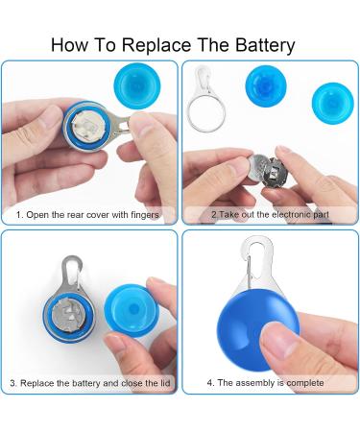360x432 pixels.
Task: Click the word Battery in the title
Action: [x=265, y=45]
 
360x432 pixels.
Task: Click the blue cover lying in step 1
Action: [x=137, y=86]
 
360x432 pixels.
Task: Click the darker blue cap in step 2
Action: [x=266, y=86]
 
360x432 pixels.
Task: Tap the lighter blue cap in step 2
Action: [x=333, y=104]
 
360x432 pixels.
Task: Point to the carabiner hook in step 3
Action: [x=72, y=271]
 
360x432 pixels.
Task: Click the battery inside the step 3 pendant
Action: [x=69, y=315]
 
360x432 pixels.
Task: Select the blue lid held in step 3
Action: [x=132, y=311]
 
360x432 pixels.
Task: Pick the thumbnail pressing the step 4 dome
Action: [x=276, y=338]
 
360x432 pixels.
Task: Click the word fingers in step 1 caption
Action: [x=145, y=215]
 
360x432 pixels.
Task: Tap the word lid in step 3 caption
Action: [x=165, y=383]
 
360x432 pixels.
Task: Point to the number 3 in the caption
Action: [x=12, y=383]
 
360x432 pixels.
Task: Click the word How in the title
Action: [x=70, y=45]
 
